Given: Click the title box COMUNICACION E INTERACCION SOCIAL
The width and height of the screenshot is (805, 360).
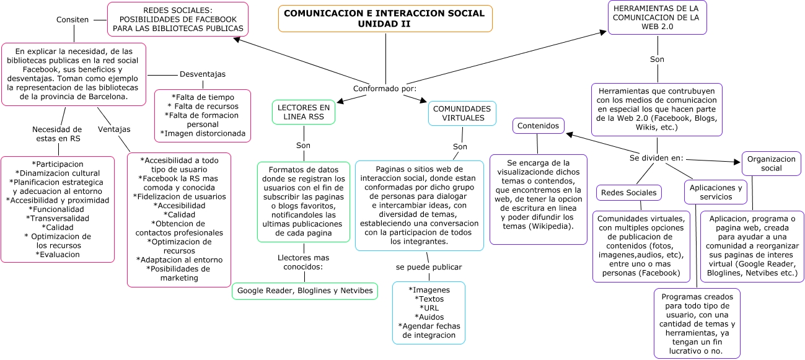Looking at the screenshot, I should point(385,19).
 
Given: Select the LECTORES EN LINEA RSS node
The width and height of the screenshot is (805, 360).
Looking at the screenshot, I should point(304,112).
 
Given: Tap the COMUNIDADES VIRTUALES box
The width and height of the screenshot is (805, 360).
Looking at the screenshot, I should point(462,113).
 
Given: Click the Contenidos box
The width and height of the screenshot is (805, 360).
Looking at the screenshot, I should point(538,126).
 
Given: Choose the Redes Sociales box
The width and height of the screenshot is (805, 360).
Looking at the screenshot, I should point(628,193).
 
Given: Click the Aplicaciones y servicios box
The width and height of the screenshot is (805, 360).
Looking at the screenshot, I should point(716,192).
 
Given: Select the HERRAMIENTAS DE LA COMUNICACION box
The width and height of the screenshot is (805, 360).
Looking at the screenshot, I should point(657,17).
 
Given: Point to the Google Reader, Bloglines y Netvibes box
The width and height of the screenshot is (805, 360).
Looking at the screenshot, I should point(305,291).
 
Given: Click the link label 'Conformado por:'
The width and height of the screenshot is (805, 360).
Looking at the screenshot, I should point(385,88).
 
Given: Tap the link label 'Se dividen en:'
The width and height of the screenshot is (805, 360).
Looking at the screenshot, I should point(656,157).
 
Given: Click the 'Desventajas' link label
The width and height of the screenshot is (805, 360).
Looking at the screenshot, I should point(203,74).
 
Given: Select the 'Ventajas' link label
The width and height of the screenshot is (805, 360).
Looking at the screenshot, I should point(114,129).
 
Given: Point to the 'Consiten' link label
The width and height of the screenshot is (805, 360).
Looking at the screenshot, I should point(73,19).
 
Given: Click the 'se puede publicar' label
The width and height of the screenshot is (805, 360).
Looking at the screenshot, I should point(429,267).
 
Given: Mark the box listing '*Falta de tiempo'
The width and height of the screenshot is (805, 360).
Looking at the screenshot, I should point(203,115).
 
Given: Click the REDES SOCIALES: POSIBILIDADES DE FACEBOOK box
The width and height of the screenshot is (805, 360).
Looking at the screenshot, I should point(177,19).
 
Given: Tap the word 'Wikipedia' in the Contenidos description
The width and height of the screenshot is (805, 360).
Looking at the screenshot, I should point(551,226).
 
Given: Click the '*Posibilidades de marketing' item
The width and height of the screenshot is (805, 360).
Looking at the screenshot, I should point(178,273).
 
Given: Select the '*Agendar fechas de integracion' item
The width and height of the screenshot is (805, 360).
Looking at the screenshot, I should point(429,330).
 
